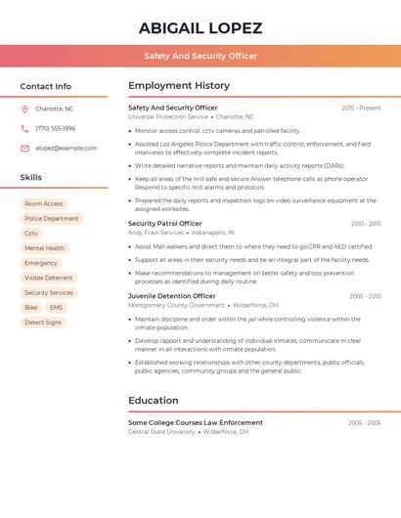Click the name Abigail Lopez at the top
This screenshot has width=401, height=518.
click(200, 27)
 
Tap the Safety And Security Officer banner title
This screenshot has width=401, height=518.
click(200, 56)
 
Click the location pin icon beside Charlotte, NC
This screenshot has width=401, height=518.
click(24, 108)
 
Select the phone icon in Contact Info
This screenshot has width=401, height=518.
click(24, 128)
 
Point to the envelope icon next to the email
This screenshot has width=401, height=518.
click(24, 148)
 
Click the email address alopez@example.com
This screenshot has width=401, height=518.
click(66, 148)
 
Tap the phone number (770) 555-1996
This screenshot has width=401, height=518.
click(56, 128)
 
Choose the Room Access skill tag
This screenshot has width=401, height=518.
click(43, 204)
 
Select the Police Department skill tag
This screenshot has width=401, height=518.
click(52, 219)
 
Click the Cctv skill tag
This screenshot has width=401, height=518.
click(31, 234)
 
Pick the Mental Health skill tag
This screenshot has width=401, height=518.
click(44, 248)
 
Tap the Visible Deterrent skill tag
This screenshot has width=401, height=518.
click(49, 278)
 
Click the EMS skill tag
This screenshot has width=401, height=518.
click(56, 307)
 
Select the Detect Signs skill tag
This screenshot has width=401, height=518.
click(43, 322)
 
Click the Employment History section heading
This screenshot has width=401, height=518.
click(179, 86)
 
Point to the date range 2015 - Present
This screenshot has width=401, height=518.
click(361, 108)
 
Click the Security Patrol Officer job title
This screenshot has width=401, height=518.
click(165, 224)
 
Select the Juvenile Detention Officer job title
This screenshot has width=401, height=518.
click(172, 296)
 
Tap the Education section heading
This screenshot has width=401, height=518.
click(153, 401)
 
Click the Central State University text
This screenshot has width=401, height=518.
click(161, 431)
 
